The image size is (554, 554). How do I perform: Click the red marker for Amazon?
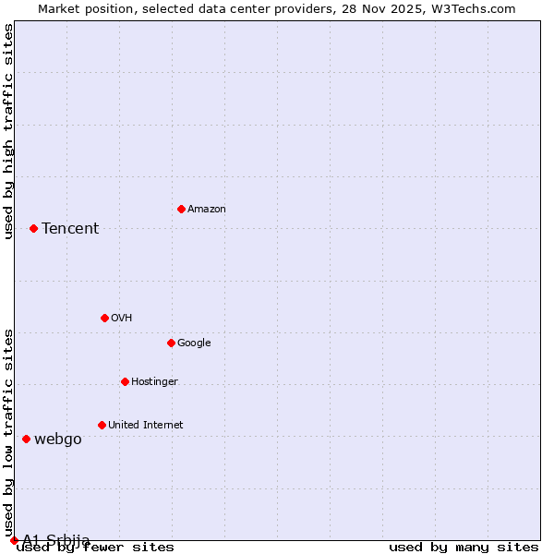point(181,209)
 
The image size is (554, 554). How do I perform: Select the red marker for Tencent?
point(33,228)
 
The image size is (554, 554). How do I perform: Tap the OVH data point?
point(104,318)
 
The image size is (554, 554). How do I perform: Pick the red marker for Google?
point(171,343)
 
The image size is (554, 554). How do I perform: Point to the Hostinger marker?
point(125,381)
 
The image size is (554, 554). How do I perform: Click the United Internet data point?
point(102,425)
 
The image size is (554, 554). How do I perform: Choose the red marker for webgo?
point(26,439)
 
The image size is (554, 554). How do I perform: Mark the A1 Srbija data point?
point(14,540)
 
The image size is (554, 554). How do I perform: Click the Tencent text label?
point(70,229)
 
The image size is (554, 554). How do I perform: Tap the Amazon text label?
point(207,210)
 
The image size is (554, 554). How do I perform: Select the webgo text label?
point(58,440)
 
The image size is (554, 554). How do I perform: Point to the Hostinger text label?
point(154,382)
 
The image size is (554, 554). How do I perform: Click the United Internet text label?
point(145,426)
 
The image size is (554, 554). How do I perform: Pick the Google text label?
point(194,343)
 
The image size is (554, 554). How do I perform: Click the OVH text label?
point(122,319)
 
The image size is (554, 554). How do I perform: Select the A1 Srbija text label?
point(56,540)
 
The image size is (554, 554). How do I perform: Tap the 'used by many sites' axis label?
point(464,548)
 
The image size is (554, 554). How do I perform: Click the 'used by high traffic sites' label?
point(9,131)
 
